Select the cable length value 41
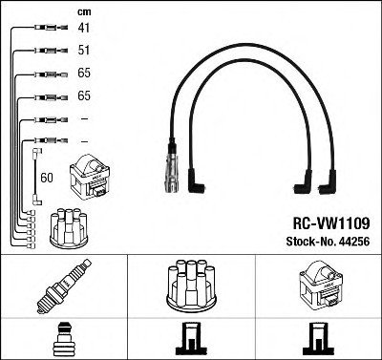coord(83,29)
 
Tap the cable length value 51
coord(83,52)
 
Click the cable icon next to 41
coord(45,29)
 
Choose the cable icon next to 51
coord(45,52)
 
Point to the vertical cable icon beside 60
coord(35,172)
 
